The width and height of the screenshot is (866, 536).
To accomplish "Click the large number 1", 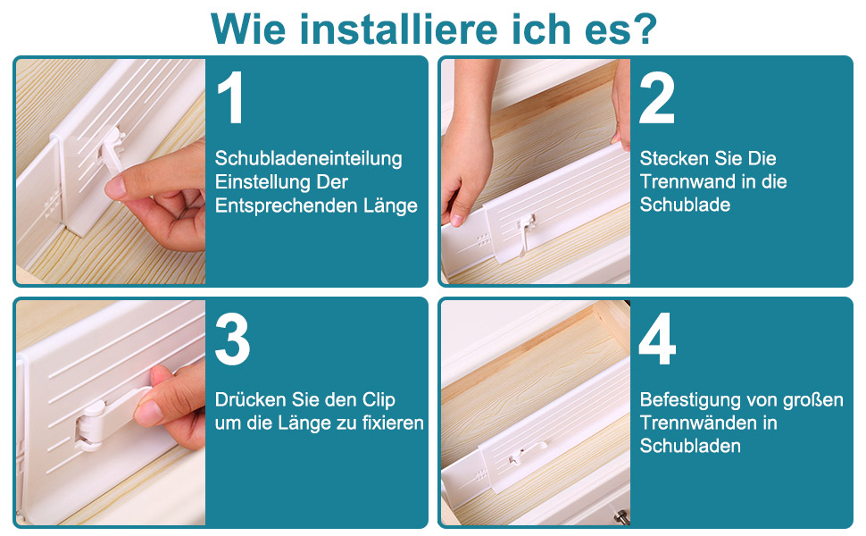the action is pos(231,97).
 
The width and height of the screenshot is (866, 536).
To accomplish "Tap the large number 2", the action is pos(657,97).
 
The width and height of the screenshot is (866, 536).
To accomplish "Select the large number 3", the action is pos(232,339).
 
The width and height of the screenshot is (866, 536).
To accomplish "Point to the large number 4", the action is pos(657,339).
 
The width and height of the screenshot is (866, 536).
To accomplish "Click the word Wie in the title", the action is pos(248,29).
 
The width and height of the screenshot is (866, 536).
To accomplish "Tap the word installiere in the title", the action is pos(398,29).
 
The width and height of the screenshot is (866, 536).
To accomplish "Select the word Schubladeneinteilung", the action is pos(308,159).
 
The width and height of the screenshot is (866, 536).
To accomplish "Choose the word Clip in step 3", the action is pos(379,400).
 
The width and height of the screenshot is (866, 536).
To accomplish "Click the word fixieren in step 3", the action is pos(393,423).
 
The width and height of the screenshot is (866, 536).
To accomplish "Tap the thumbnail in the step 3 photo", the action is pos(144,412).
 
